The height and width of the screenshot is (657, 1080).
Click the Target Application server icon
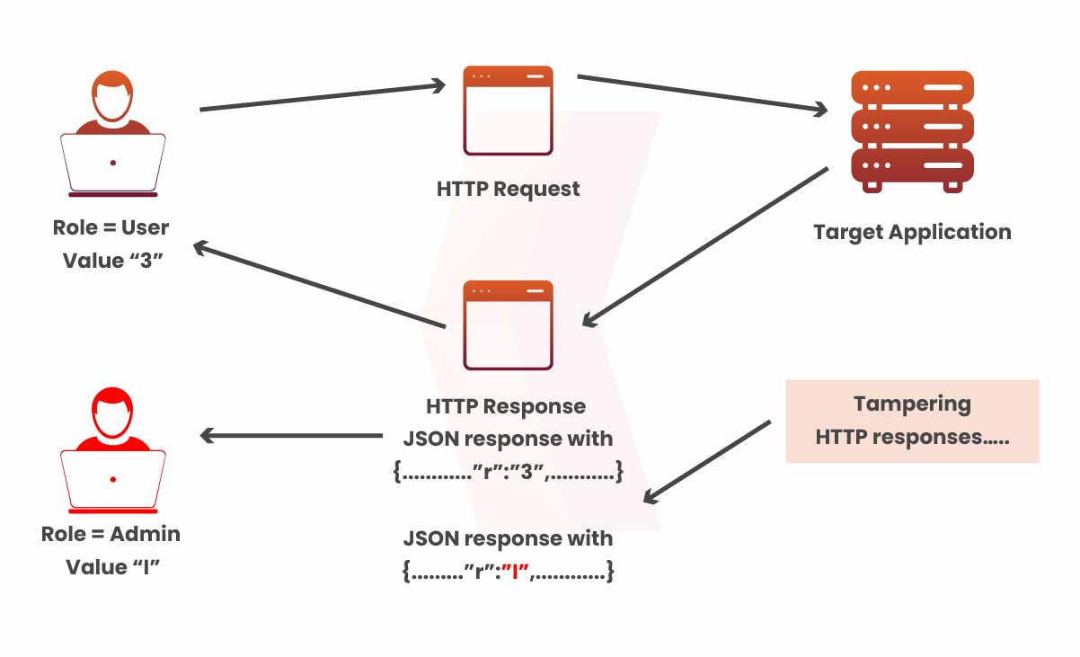pos(912,131)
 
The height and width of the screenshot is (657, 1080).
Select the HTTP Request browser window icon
pos(508,110)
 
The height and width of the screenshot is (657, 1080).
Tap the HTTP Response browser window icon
pos(508,325)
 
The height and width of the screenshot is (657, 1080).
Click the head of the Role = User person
pos(112,98)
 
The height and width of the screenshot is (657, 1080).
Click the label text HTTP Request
pos(508,190)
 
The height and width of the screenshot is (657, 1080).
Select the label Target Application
pos(912,232)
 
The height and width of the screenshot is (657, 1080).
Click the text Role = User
pos(111,227)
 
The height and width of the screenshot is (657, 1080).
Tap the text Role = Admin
pos(111,534)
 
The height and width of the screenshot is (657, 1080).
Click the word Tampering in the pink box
pos(912,404)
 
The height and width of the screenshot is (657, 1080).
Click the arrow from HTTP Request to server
pos(701,94)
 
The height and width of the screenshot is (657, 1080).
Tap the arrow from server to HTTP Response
pos(705,245)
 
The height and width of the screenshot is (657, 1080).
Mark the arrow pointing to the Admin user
pos(291,436)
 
